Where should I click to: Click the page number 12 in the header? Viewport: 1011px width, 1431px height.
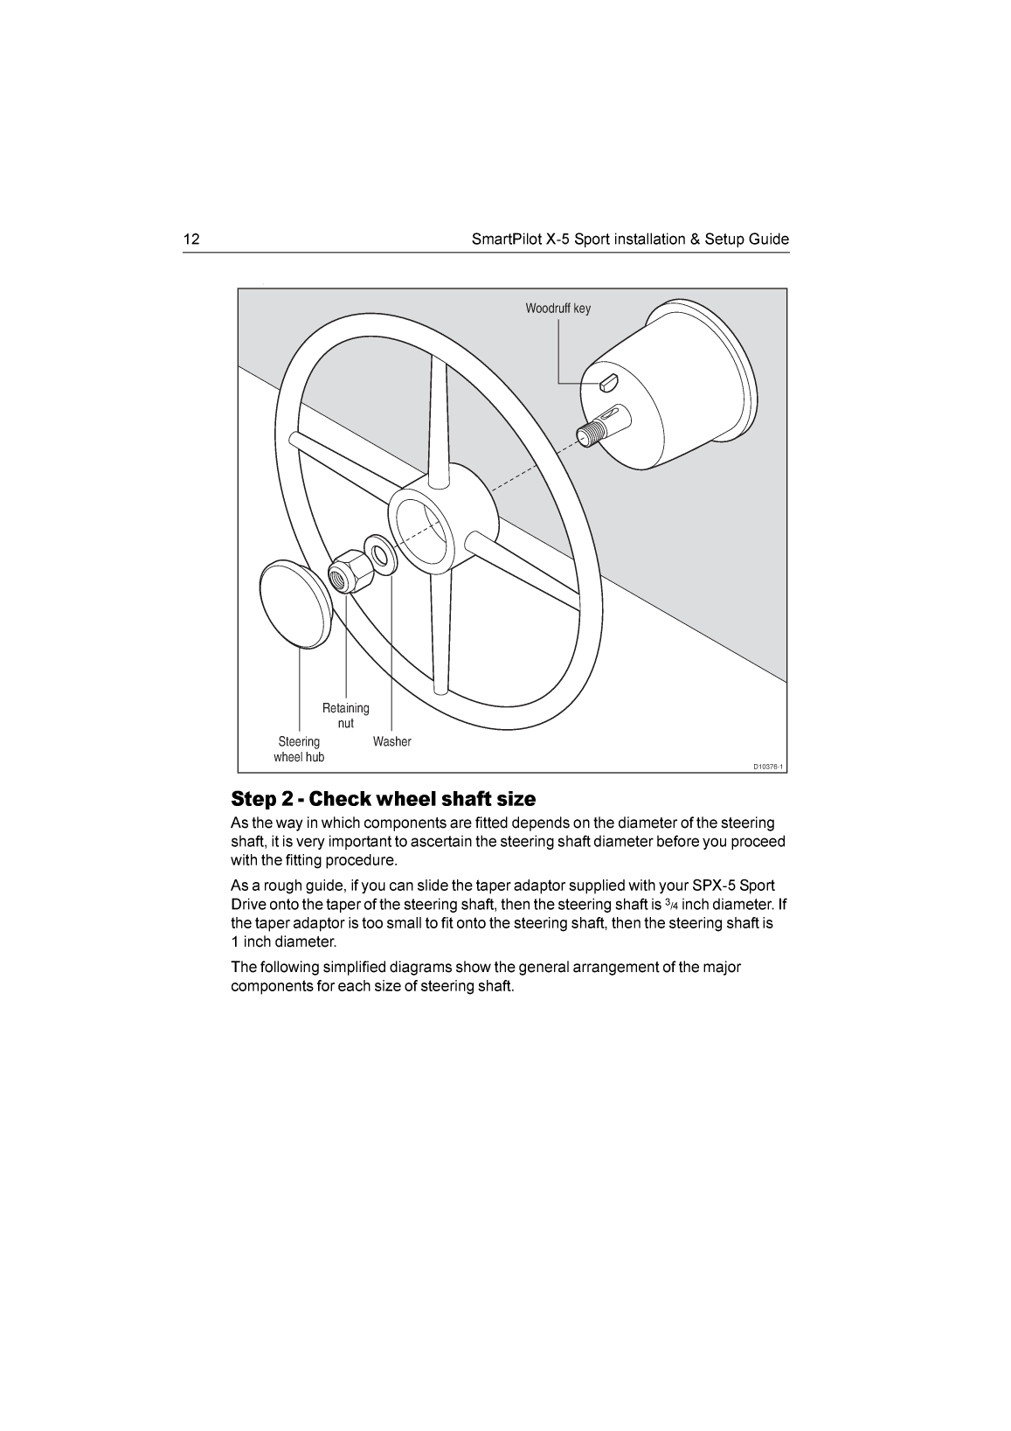click(191, 240)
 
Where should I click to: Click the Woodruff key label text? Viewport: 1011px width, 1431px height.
click(557, 309)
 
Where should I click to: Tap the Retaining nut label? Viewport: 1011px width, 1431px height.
click(346, 715)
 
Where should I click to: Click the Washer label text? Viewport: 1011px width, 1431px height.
click(391, 741)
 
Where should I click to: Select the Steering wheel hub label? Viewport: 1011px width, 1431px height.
click(299, 749)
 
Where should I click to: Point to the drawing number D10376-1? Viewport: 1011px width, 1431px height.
click(769, 768)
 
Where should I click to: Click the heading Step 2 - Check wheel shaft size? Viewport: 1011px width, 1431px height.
click(384, 799)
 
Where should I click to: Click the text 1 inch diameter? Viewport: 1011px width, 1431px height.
click(283, 942)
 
